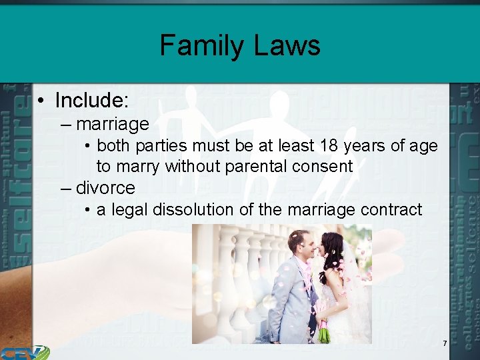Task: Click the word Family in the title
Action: pos(198,46)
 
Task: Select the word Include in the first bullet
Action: pos(91,101)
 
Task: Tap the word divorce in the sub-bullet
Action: pos(105,187)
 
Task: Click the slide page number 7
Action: pos(445,343)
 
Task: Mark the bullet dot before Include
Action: pos(41,101)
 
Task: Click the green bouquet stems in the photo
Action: pos(323,333)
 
